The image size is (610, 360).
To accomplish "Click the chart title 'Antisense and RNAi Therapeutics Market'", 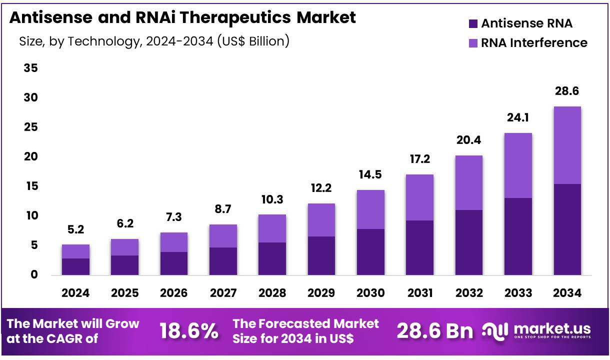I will tap(182, 17).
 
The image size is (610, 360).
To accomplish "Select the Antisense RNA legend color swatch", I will tap(472, 23).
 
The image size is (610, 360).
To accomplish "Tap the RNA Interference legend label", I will tap(534, 43).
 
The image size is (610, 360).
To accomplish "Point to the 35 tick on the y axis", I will tap(31, 68).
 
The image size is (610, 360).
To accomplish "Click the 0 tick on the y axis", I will tap(34, 274).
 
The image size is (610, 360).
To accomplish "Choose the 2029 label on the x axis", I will tap(321, 293).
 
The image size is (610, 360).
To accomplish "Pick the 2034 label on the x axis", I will tap(567, 293).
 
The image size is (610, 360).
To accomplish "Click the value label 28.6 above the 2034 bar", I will tap(567, 91).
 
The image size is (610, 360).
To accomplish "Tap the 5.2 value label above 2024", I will tap(75, 229).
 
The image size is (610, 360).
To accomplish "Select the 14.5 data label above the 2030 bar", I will tap(370, 175).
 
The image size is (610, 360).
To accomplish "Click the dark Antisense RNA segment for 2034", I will tap(567, 229).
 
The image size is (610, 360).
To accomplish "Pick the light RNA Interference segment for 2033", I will tap(518, 165).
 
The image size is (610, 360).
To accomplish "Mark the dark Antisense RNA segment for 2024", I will tap(75, 266).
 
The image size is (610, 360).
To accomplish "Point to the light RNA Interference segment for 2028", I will tap(272, 228).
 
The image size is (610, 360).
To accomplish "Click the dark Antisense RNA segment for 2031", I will tap(419, 247).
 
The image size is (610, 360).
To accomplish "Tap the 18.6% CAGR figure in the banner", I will tap(188, 331).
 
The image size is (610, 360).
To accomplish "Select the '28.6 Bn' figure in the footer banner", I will tap(434, 331).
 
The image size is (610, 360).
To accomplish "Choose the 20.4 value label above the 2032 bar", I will tap(469, 140).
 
